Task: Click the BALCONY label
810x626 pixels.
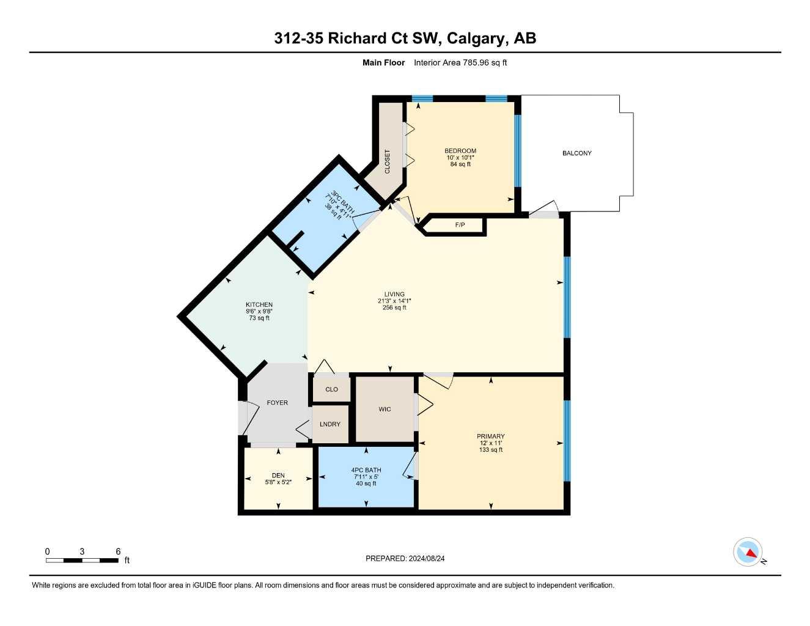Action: click(x=576, y=153)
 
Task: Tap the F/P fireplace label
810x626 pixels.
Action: click(x=460, y=225)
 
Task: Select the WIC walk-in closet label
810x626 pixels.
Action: click(x=385, y=409)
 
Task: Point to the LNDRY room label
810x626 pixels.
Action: click(x=330, y=424)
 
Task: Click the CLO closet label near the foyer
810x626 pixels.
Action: click(x=331, y=389)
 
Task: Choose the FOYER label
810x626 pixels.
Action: click(x=278, y=403)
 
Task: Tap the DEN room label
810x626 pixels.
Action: click(x=278, y=476)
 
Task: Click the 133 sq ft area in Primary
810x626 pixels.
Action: click(x=491, y=450)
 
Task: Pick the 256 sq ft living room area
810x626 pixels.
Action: click(x=394, y=307)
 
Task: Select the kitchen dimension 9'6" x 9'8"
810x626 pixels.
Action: click(x=259, y=312)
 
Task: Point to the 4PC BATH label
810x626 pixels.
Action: click(x=366, y=470)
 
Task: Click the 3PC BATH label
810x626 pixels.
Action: click(x=342, y=202)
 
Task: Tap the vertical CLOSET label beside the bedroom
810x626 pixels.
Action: click(x=388, y=162)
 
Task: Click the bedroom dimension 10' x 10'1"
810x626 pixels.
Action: click(x=460, y=158)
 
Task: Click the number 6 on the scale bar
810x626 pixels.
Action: click(x=118, y=551)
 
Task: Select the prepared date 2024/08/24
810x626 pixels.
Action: click(x=427, y=559)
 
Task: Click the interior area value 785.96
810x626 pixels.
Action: click(x=476, y=62)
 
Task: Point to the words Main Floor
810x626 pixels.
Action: click(x=383, y=62)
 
